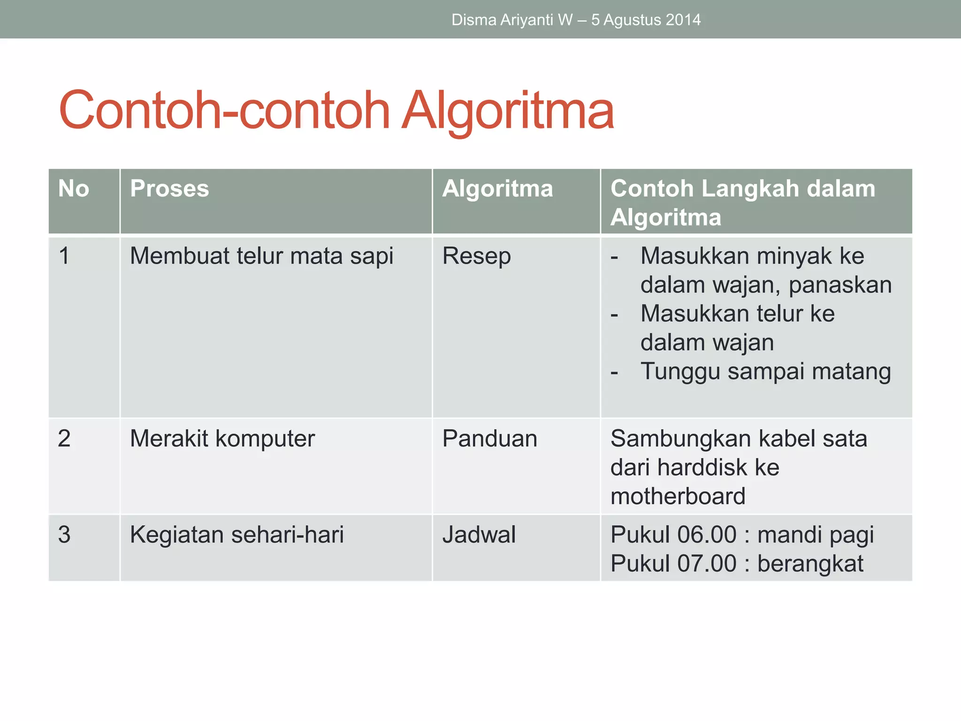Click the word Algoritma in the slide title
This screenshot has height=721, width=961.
click(x=508, y=111)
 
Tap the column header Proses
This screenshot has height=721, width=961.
click(x=169, y=189)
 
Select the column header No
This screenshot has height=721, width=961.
click(x=74, y=189)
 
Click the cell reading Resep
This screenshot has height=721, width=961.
click(x=476, y=256)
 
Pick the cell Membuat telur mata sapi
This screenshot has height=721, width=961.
click(x=261, y=256)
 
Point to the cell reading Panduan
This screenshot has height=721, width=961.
click(x=489, y=439)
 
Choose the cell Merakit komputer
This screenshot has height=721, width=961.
click(x=222, y=439)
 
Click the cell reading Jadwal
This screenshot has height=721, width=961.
click(x=479, y=535)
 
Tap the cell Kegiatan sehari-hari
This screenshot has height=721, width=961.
click(x=236, y=535)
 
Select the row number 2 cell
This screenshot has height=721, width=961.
click(x=64, y=439)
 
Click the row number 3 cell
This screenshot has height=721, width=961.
click(x=64, y=535)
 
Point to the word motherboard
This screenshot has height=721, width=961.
click(x=678, y=497)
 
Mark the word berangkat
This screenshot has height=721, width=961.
click(x=810, y=564)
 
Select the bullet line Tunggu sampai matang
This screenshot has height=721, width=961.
click(x=765, y=371)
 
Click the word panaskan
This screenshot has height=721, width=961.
click(x=840, y=285)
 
